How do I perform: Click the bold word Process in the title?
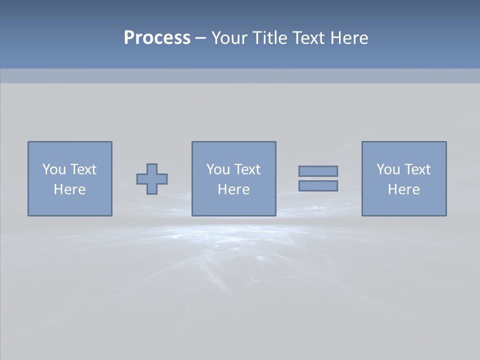pyautogui.click(x=157, y=38)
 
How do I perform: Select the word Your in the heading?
pyautogui.click(x=230, y=38)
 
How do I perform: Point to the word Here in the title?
pyautogui.click(x=348, y=38)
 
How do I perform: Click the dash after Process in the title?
pyautogui.click(x=200, y=38)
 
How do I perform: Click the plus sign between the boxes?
pyautogui.click(x=152, y=179)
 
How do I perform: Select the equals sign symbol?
pyautogui.click(x=318, y=178)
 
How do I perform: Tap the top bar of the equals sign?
pyautogui.click(x=318, y=171)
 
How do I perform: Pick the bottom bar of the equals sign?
pyautogui.click(x=318, y=186)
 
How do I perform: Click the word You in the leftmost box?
pyautogui.click(x=53, y=169)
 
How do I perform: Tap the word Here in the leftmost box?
pyautogui.click(x=69, y=189)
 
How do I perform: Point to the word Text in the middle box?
pyautogui.click(x=247, y=169)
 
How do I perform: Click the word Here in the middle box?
pyautogui.click(x=233, y=189)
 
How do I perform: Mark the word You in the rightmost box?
pyautogui.click(x=387, y=169)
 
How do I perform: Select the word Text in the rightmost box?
pyautogui.click(x=417, y=169)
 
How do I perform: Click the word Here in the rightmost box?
pyautogui.click(x=403, y=189)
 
